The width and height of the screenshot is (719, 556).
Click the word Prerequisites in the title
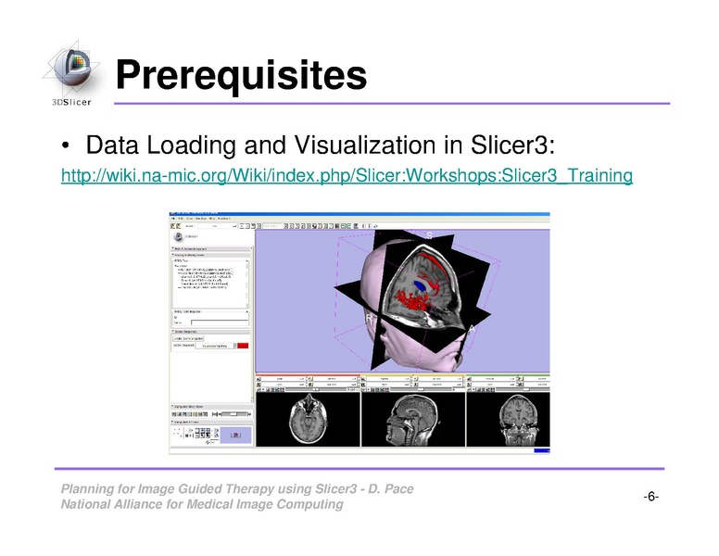tap(241, 74)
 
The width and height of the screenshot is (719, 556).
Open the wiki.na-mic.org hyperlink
tap(347, 175)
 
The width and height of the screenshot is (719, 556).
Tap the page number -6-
tap(650, 497)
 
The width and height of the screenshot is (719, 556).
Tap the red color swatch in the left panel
tap(243, 345)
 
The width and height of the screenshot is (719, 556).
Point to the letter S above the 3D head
tap(429, 235)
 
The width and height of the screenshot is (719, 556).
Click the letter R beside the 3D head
tap(368, 318)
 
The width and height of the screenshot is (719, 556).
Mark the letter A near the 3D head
tap(473, 329)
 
